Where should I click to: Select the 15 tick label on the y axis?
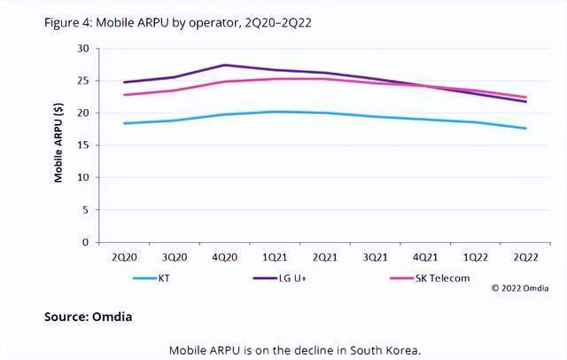point(82,145)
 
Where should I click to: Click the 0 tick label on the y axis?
point(85,242)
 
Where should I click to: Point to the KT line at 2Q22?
point(526,129)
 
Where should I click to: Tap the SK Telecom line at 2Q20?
point(125,95)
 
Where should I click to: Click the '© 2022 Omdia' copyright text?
point(523,288)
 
